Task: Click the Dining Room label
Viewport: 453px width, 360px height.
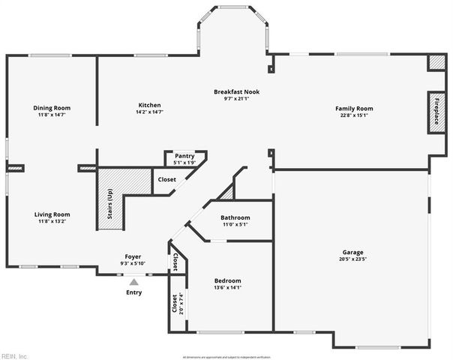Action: (x=52, y=107)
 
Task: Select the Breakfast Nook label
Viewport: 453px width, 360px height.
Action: (x=235, y=91)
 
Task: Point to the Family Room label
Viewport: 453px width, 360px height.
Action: (x=354, y=109)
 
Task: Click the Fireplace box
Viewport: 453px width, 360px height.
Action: (x=435, y=113)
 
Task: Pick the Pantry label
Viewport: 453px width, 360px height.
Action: (x=184, y=156)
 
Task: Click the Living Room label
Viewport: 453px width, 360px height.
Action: (x=52, y=214)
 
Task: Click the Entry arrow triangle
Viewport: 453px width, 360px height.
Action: (x=133, y=281)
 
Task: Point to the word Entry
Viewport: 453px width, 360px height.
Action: (x=133, y=292)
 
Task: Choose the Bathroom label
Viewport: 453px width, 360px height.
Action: (x=235, y=217)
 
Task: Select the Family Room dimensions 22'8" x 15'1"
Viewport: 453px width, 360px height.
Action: (x=354, y=115)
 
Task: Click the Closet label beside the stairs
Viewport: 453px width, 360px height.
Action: (x=166, y=180)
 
